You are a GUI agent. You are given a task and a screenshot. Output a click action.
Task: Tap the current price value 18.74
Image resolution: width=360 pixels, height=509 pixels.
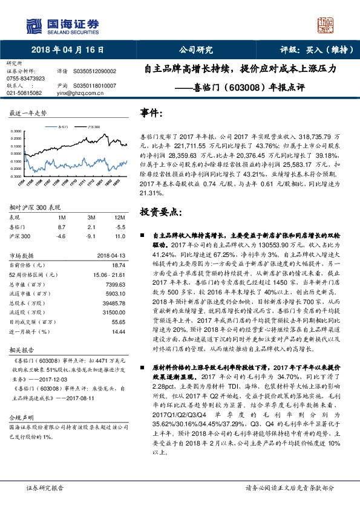click(118, 264)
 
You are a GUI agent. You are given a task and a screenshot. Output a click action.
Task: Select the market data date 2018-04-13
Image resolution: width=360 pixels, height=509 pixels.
click(110, 255)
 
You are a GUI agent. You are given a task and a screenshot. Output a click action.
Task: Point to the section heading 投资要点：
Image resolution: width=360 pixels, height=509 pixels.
click(159, 212)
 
